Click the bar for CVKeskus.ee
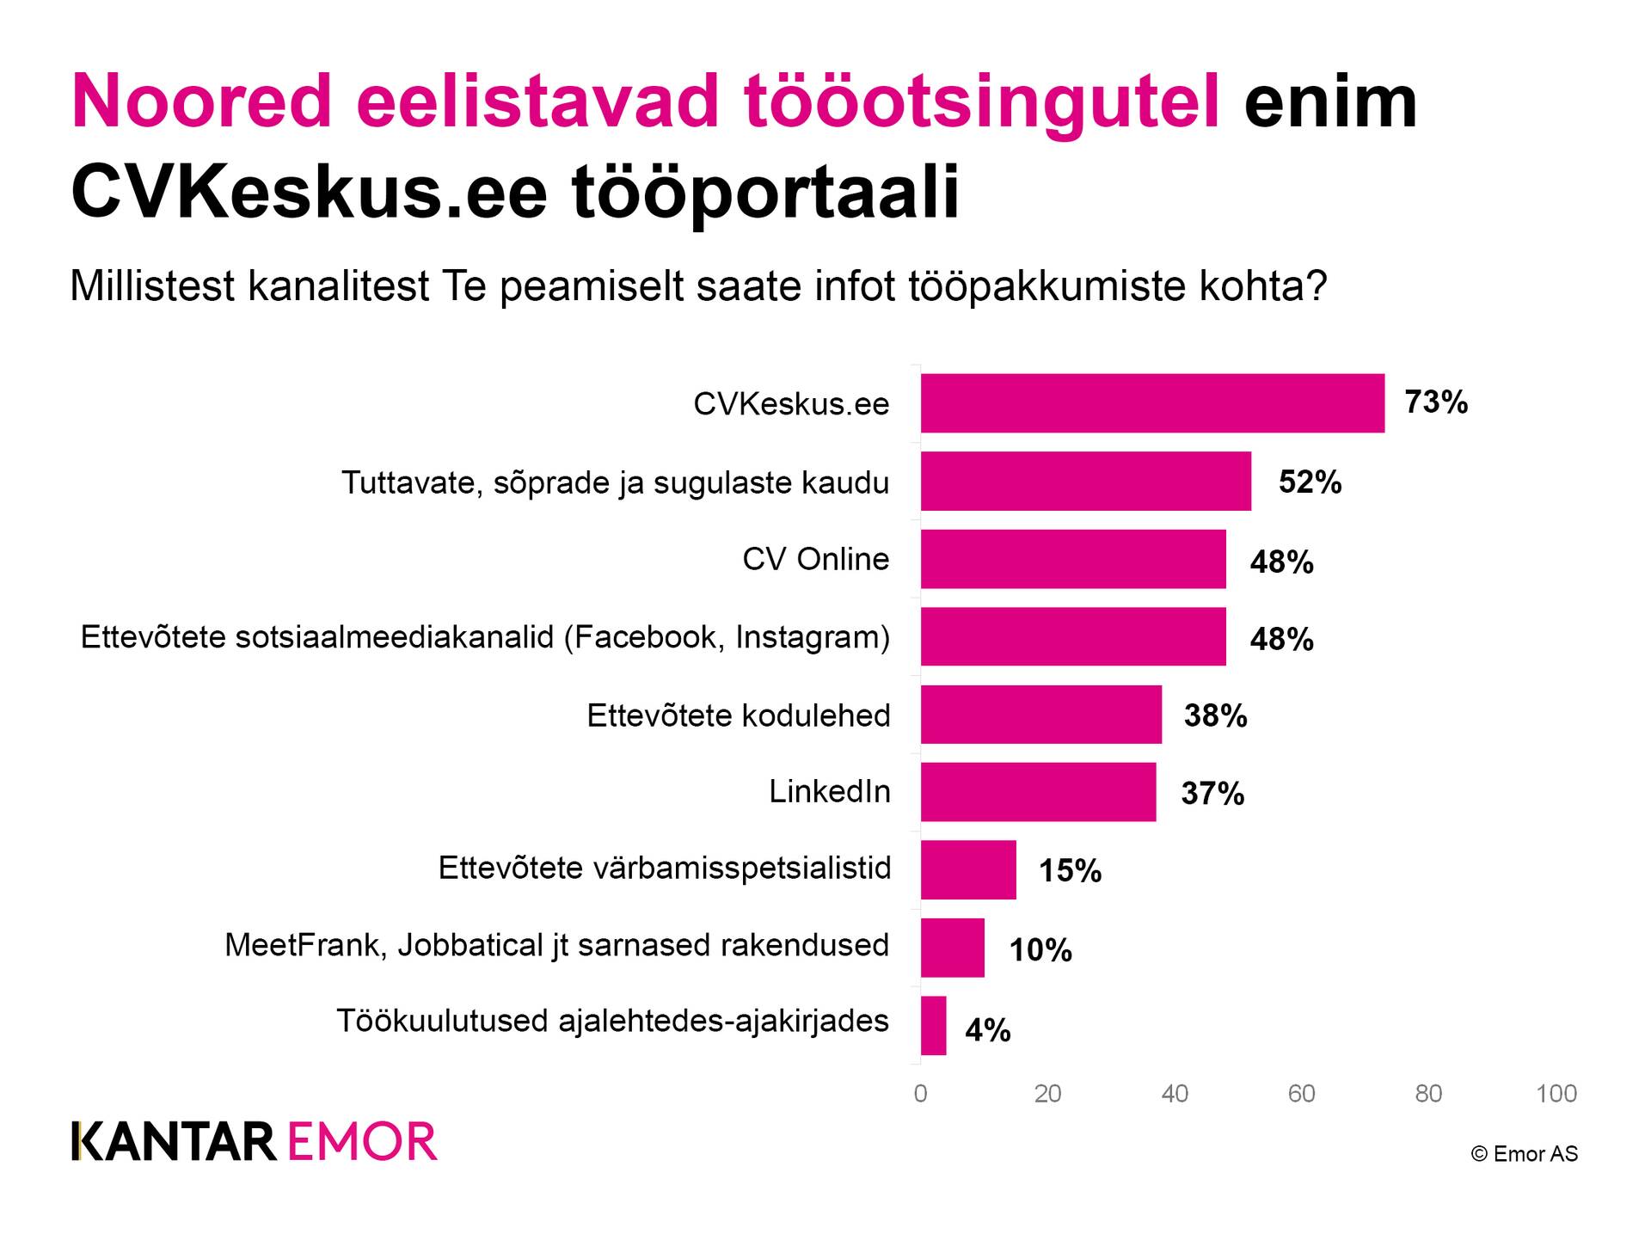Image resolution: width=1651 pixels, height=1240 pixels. click(1152, 403)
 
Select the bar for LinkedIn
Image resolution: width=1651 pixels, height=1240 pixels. click(1038, 792)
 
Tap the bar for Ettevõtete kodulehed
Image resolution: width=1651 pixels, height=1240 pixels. click(1040, 715)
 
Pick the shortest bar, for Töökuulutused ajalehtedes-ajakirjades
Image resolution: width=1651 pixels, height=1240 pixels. click(933, 1026)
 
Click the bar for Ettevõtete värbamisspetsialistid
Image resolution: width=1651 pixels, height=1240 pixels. click(968, 870)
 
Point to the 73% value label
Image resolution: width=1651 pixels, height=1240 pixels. click(1436, 402)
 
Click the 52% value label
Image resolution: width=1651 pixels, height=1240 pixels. click(1310, 482)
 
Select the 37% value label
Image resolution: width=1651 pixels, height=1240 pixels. click(1212, 793)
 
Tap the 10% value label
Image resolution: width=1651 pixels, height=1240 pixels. click(1040, 950)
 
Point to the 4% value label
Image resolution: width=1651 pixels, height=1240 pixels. click(987, 1029)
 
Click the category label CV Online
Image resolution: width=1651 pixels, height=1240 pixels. click(815, 559)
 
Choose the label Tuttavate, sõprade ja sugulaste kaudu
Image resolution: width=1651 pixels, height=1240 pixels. click(615, 482)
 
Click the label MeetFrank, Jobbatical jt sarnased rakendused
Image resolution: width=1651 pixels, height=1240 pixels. click(556, 945)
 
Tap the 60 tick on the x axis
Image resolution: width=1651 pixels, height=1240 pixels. click(1301, 1094)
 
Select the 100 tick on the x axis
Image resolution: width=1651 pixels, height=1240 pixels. click(1556, 1094)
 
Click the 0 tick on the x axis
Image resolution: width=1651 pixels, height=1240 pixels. click(920, 1094)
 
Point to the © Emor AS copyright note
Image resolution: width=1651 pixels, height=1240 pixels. click(1524, 1154)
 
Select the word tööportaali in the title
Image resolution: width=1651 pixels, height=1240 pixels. click(764, 193)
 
